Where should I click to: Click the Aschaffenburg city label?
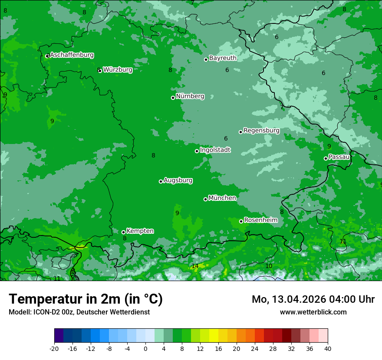click(72, 55)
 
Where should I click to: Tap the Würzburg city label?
click(118, 70)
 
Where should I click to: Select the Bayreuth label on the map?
click(223, 58)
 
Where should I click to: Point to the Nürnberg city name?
click(190, 96)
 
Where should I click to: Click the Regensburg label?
click(261, 131)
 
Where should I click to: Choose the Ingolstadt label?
click(215, 150)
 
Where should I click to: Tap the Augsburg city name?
click(178, 180)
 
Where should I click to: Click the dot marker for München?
click(206, 199)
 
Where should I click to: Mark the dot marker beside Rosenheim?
click(241, 221)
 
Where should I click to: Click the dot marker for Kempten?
click(123, 232)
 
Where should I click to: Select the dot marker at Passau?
click(326, 158)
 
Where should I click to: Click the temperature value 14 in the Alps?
click(195, 266)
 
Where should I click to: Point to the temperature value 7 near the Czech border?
click(282, 107)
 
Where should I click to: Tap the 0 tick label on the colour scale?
click(145, 349)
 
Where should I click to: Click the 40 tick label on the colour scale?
click(327, 349)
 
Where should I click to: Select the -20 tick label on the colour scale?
click(54, 349)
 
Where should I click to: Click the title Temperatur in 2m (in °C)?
click(86, 299)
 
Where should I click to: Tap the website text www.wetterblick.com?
click(313, 312)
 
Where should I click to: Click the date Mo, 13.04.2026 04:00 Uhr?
click(313, 299)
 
